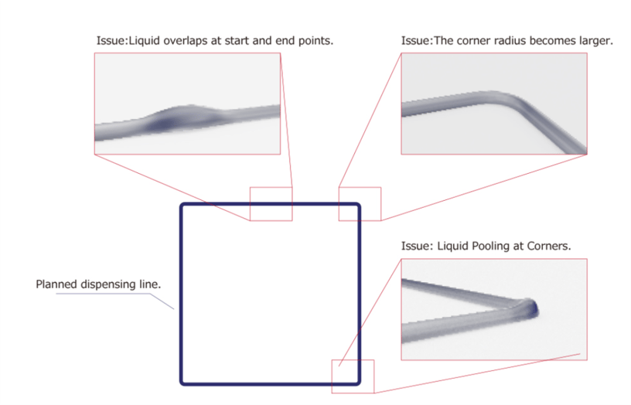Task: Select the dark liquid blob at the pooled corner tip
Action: pyautogui.click(x=531, y=308)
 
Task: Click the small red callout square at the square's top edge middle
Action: pyautogui.click(x=271, y=187)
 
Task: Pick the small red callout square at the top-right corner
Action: pyautogui.click(x=360, y=187)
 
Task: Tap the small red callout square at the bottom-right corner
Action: pyautogui.click(x=353, y=360)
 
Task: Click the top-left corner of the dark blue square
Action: pyautogui.click(x=182, y=205)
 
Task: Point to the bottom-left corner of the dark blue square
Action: pyautogui.click(x=182, y=383)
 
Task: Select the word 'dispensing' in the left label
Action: pyautogui.click(x=107, y=284)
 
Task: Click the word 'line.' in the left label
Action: pyautogui.click(x=150, y=284)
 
